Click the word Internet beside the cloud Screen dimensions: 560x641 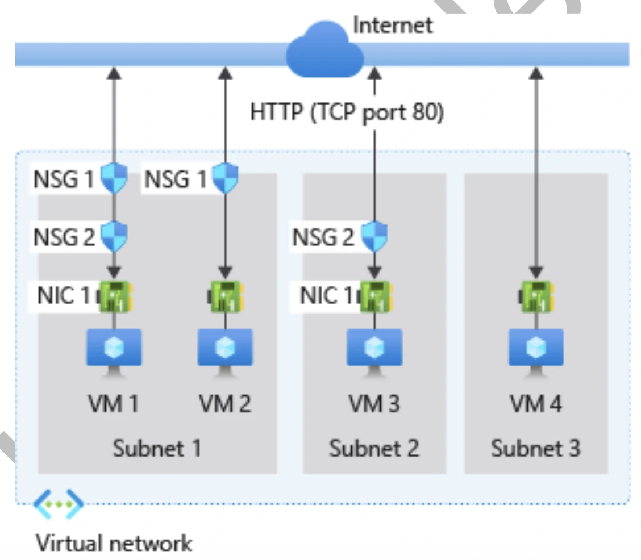[x=393, y=25]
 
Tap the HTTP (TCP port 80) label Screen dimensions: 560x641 [x=347, y=112]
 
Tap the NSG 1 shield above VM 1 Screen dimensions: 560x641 [x=114, y=178]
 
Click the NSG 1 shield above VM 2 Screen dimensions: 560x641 [x=225, y=178]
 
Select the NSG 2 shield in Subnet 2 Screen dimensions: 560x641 [x=374, y=236]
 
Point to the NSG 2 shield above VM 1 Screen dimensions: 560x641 [x=114, y=236]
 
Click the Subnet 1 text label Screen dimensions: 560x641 [x=157, y=449]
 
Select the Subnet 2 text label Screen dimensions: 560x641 [x=374, y=449]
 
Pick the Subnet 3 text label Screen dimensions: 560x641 [x=535, y=449]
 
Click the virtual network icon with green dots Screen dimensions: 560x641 [x=59, y=503]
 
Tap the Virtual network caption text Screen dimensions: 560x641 [x=114, y=543]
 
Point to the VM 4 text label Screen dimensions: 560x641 [x=535, y=404]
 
